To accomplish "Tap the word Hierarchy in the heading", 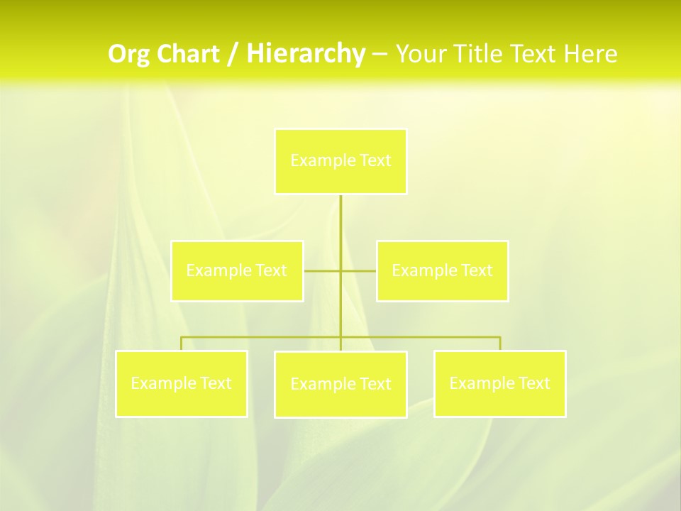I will point(306,54).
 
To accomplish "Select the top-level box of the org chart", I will point(340,161).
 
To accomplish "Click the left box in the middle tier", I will point(237,270).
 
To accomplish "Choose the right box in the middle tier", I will point(442,270).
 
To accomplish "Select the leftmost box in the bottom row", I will point(182,383).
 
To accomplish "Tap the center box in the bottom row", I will point(340,384).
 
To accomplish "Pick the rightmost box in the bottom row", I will point(499,383).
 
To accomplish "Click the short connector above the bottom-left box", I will point(182,344).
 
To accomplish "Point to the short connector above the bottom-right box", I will point(499,344).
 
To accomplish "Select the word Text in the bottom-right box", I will point(534,383).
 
